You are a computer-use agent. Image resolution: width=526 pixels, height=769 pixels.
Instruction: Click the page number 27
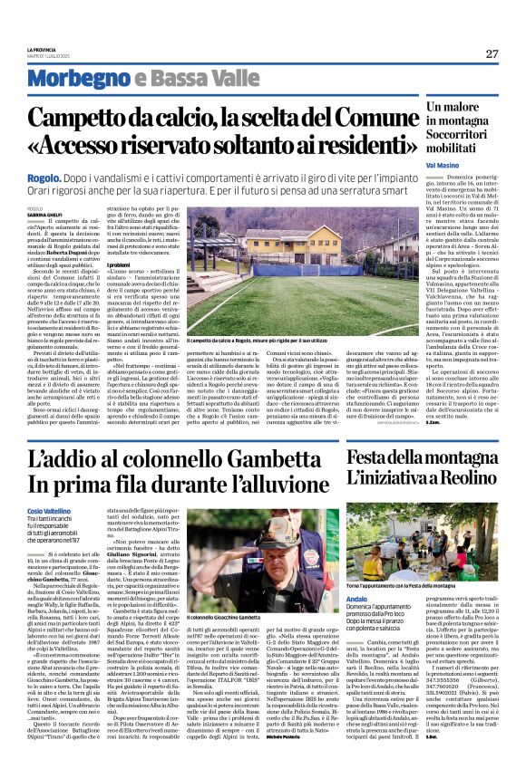click(491, 53)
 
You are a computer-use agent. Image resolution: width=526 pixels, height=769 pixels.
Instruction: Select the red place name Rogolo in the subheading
click(39, 179)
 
